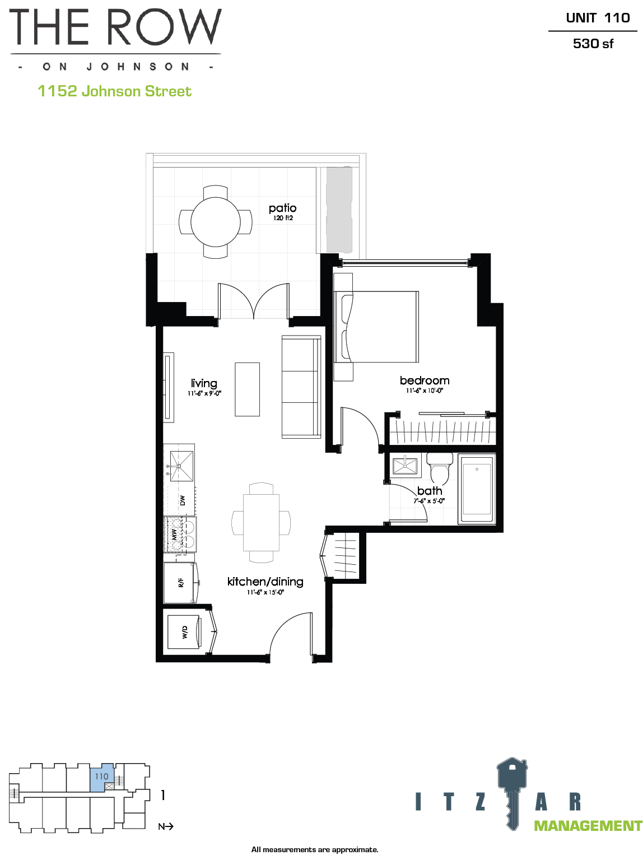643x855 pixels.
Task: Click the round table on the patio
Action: [215, 222]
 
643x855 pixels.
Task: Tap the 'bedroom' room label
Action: [424, 380]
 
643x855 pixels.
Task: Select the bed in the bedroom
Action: [376, 327]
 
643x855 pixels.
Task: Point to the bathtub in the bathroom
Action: [477, 489]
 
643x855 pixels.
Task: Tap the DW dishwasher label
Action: [182, 500]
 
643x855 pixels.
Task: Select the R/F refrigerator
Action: [181, 583]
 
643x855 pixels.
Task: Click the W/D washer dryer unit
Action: [184, 632]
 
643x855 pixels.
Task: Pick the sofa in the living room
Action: [301, 387]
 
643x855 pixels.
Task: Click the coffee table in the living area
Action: [247, 389]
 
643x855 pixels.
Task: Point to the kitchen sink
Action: [181, 466]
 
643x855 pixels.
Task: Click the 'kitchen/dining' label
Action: [265, 582]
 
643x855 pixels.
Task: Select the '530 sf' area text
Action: [593, 44]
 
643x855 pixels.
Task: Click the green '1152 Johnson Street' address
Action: [114, 91]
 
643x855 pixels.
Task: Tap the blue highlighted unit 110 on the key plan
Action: [101, 778]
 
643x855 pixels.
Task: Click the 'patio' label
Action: [283, 208]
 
